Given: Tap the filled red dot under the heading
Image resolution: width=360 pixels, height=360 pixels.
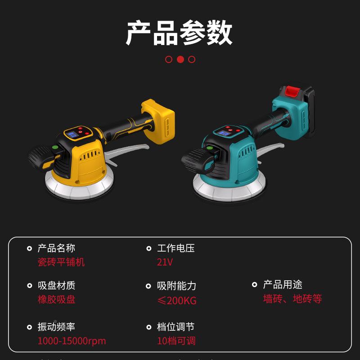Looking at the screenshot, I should (180, 59).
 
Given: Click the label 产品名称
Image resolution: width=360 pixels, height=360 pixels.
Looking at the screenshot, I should (56, 248).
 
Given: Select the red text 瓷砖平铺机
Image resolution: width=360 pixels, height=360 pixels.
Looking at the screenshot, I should (61, 262).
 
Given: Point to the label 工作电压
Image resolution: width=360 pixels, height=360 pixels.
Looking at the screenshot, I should (175, 248).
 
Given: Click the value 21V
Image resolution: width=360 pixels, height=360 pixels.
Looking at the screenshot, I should (165, 262).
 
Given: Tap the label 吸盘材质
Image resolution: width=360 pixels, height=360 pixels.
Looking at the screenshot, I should (56, 285).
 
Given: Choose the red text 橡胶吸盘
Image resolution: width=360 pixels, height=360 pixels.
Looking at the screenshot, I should (56, 300).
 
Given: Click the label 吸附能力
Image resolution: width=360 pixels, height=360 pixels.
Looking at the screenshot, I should (176, 286).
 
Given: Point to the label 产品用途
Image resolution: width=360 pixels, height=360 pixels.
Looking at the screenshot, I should (283, 284).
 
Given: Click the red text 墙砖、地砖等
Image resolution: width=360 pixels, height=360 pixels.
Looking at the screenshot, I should (292, 299).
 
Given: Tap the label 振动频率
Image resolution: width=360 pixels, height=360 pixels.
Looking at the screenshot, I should (56, 327).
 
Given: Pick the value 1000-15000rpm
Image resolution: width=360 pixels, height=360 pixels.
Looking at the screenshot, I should (72, 341).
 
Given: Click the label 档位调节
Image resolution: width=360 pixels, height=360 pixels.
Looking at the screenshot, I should (175, 327).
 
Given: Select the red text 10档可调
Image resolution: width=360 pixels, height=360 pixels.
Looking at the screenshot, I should (176, 341).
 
